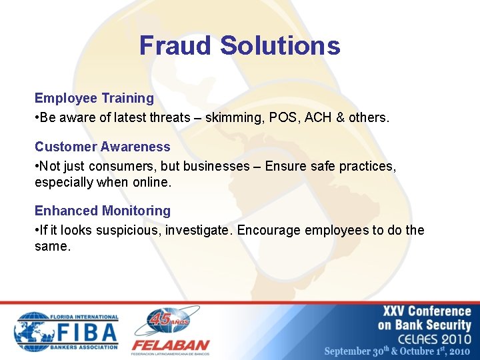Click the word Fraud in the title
pos(177,45)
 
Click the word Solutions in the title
pos(280,45)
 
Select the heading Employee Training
pos(94,98)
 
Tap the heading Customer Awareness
pos(102,147)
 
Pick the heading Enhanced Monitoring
pos(102,211)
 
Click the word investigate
pos(199,230)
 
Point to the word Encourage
pos(269,230)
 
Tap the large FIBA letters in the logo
pos(85,331)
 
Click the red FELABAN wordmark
pos(170,346)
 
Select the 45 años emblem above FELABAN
pos(169,320)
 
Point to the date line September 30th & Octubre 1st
pos(397,351)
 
